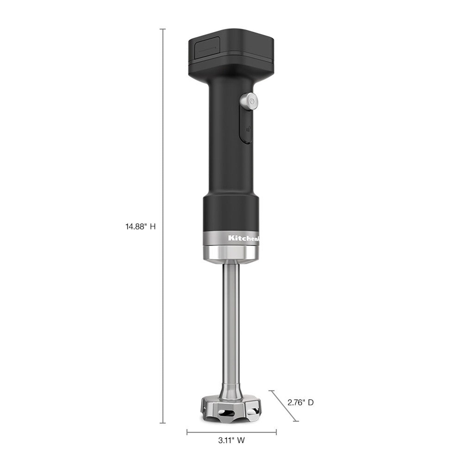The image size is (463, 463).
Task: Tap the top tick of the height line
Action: tap(163, 29)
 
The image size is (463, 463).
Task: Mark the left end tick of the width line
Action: tap(187, 432)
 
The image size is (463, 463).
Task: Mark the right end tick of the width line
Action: tap(276, 432)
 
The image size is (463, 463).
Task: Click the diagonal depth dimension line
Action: tap(284, 406)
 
